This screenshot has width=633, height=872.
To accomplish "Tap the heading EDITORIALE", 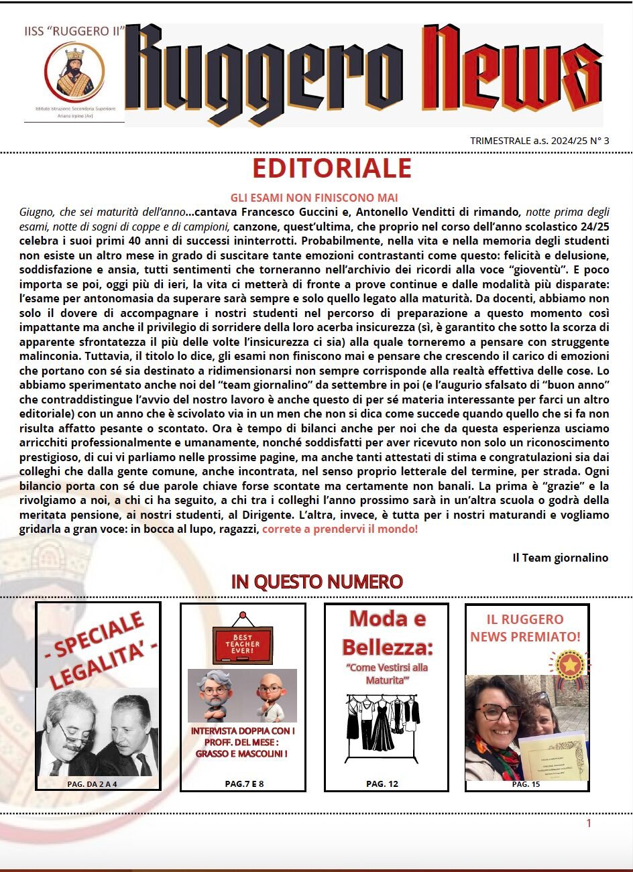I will (332, 169).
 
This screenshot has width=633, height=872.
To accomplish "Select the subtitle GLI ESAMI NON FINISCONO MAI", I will (314, 198).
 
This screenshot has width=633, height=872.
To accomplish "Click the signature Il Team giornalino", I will (560, 558).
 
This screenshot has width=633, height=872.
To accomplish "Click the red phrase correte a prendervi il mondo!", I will (340, 529).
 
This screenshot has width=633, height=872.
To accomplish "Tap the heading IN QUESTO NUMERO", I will (316, 582).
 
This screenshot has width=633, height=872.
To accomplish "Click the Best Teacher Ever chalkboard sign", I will (242, 642).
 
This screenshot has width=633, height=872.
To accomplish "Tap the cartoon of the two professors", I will (242, 695).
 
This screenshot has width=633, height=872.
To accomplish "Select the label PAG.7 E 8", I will (244, 784).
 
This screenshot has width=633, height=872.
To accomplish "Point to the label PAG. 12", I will (382, 784).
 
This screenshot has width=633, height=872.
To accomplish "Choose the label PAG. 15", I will (526, 784).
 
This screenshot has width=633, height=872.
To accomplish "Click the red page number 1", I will (589, 823).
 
